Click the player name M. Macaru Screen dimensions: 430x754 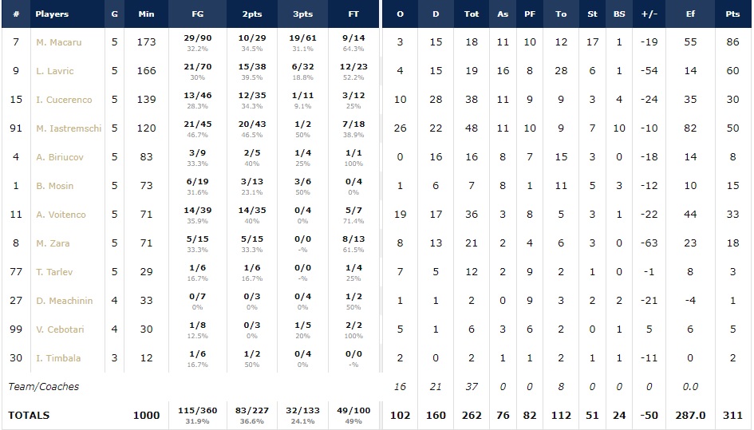[x=58, y=42]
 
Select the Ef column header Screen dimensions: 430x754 [x=690, y=14]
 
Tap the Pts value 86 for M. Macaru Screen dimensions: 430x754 [x=732, y=42]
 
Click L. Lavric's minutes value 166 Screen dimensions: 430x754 [x=146, y=71]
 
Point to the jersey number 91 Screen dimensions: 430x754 [x=16, y=128]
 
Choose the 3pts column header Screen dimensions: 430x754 [x=302, y=14]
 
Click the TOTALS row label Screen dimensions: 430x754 [x=29, y=415]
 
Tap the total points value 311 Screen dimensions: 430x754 [x=732, y=415]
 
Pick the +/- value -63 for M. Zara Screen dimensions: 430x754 [x=648, y=243]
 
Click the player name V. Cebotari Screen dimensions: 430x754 [x=59, y=329]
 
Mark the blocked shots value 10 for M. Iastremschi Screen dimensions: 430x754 [x=619, y=128]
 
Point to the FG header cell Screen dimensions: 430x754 [x=197, y=14]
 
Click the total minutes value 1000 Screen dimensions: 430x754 [x=146, y=415]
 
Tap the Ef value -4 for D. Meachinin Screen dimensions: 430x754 [x=690, y=301]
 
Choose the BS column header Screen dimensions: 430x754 [x=619, y=14]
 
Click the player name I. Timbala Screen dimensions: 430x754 [x=57, y=358]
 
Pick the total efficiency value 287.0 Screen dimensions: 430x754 [x=690, y=415]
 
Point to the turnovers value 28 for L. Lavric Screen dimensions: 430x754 [x=561, y=71]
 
